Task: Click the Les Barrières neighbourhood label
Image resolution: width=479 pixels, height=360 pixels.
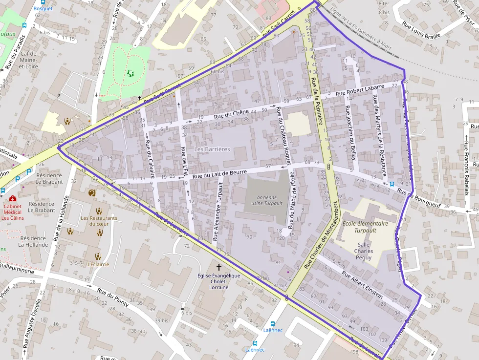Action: pos(212,149)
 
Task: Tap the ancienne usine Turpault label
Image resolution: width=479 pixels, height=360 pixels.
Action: pos(263,200)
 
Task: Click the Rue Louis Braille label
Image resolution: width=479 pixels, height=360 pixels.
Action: pos(422,30)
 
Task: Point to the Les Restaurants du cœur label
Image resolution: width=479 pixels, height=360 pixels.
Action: pos(99,221)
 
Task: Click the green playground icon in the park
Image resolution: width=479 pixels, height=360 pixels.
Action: pos(131,73)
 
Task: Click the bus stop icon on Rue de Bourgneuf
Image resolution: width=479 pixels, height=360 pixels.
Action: pos(392,184)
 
